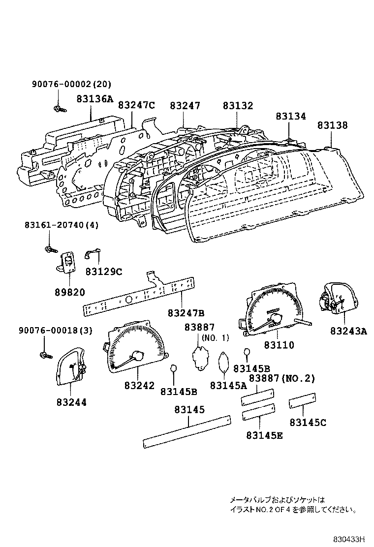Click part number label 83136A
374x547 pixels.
pos(94,98)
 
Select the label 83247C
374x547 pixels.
pos(137,105)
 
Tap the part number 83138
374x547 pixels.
pos(332,125)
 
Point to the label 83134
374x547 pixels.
pos(290,117)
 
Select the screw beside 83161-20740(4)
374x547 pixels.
pos(49,249)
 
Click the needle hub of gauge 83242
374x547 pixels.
pos(139,356)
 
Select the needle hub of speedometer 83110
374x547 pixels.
pos(274,319)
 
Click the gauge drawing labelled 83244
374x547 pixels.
pos(71,366)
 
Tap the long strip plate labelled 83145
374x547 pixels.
pos(187,431)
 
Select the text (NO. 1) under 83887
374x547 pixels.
pos(215,338)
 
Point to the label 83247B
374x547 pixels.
pos(186,313)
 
